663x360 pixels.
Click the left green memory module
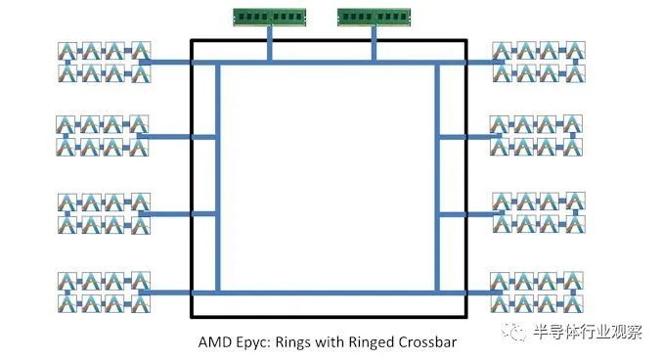click(x=269, y=18)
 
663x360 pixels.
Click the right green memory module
click(x=374, y=18)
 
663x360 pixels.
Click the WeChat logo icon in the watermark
click(x=513, y=332)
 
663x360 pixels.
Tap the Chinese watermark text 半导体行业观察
click(x=588, y=332)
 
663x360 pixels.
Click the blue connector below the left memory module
click(x=269, y=44)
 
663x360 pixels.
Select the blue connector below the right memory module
click(x=374, y=44)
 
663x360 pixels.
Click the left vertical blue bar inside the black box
click(x=218, y=178)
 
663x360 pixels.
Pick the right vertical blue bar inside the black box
click(x=437, y=178)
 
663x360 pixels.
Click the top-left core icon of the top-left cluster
click(x=67, y=51)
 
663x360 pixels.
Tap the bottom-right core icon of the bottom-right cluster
click(x=573, y=303)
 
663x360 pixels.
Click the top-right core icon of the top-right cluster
click(x=575, y=50)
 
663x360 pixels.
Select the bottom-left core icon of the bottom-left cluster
click(x=67, y=303)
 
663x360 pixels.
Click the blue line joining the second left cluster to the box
click(x=177, y=137)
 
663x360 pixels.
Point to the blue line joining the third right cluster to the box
click(x=466, y=214)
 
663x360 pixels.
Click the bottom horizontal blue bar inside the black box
click(x=328, y=292)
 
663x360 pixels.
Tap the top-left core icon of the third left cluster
click(x=67, y=202)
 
